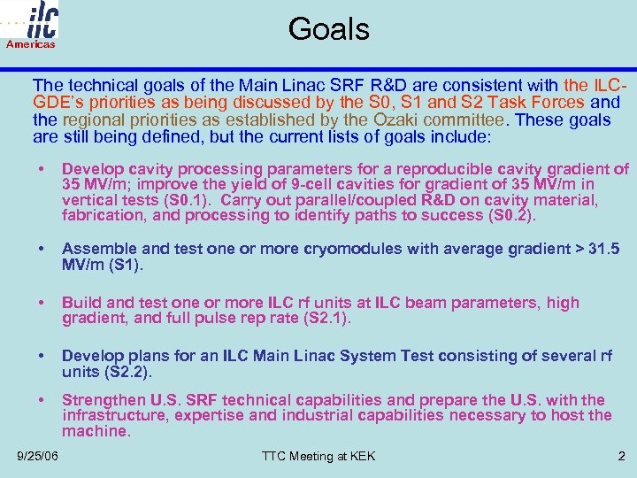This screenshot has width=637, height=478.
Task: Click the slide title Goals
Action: click(328, 29)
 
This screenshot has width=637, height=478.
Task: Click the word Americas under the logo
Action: click(31, 44)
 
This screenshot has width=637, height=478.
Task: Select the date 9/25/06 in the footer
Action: click(38, 456)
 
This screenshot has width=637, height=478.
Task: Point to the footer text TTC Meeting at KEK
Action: click(318, 456)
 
